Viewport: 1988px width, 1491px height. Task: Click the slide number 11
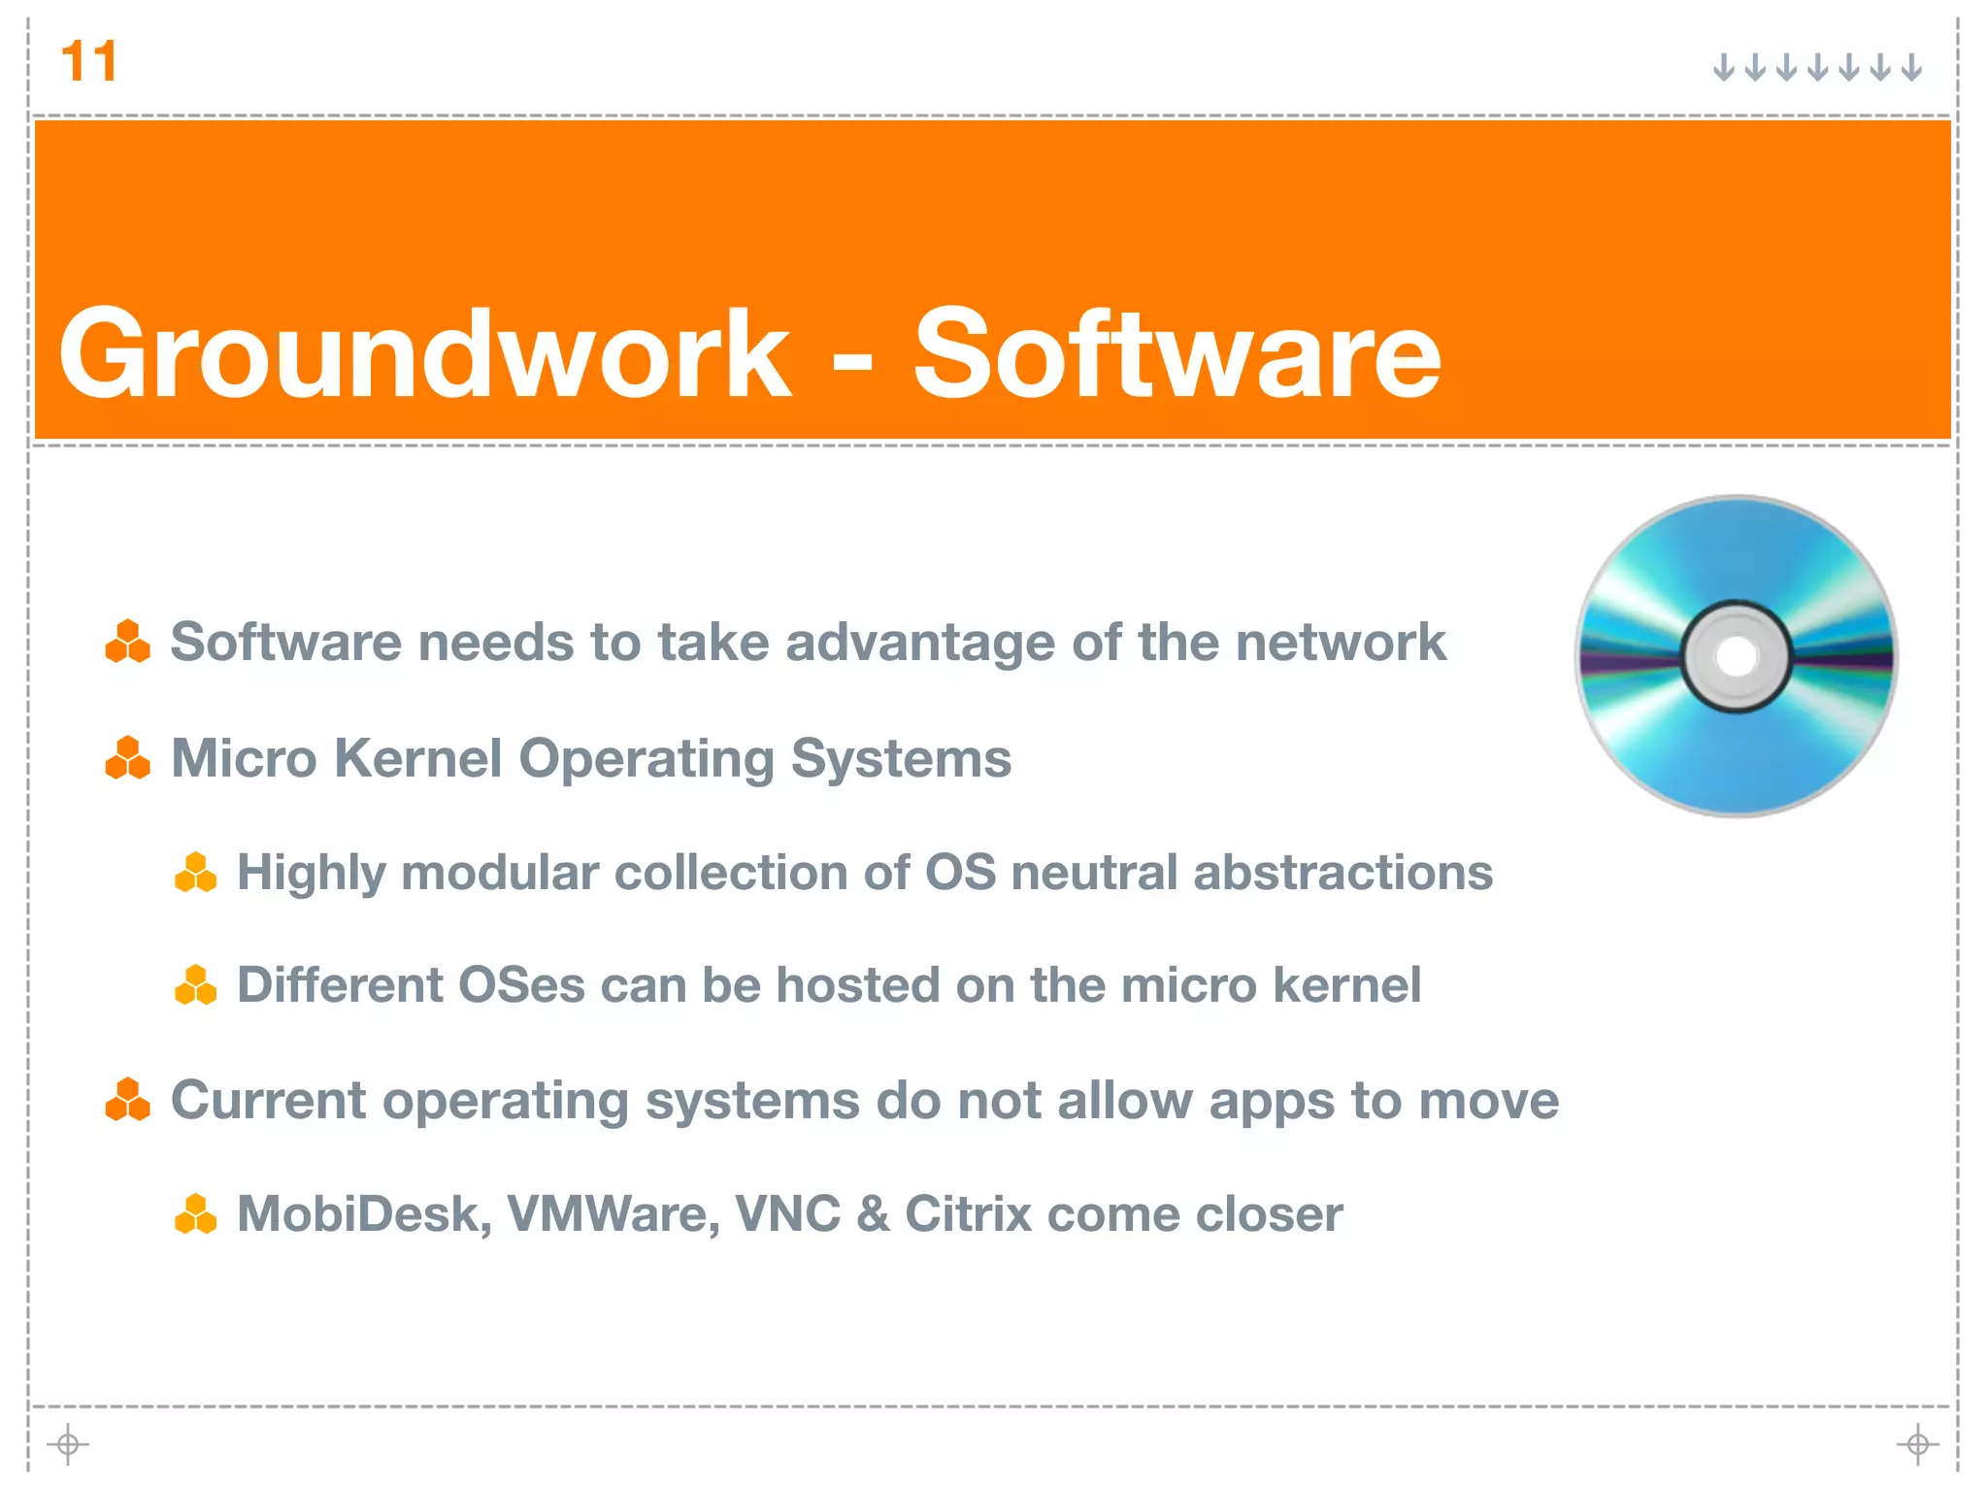click(88, 61)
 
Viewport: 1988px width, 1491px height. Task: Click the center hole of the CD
click(1736, 657)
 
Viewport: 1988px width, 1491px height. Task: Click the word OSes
click(521, 985)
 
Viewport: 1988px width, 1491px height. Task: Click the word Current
click(269, 1101)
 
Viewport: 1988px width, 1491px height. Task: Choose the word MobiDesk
click(364, 1214)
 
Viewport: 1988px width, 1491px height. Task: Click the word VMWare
click(613, 1214)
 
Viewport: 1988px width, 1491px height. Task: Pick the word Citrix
click(968, 1214)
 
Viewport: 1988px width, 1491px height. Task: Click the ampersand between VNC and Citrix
click(873, 1214)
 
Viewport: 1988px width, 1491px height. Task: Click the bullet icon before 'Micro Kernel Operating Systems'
click(128, 758)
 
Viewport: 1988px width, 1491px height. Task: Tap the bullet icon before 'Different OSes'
click(195, 984)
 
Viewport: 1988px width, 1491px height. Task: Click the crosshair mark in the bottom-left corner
click(68, 1444)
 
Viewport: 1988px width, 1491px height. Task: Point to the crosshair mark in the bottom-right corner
click(1917, 1444)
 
